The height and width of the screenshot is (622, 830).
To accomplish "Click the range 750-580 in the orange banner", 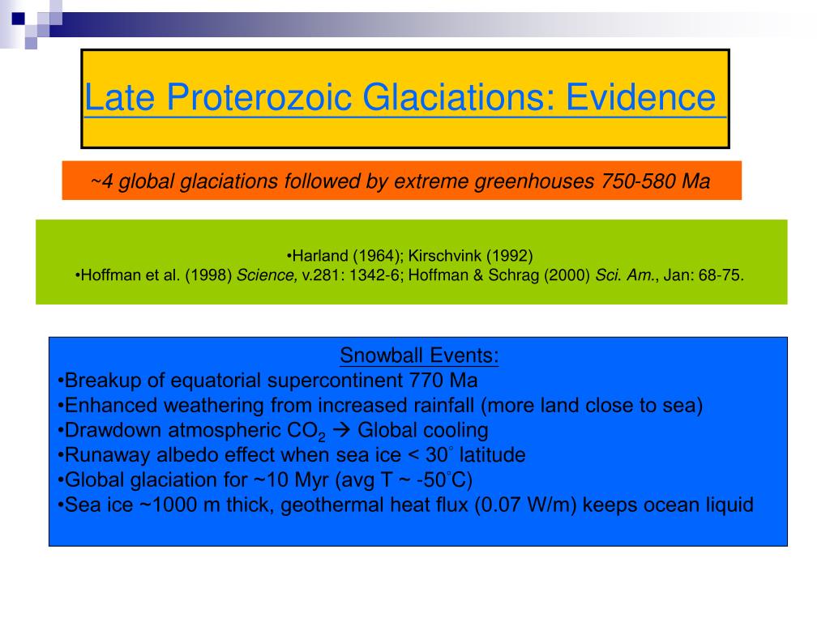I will [x=638, y=181].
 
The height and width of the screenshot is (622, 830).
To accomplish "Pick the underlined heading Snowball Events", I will [x=419, y=356].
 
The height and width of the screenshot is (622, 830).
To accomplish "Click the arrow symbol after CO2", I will [x=344, y=430].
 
